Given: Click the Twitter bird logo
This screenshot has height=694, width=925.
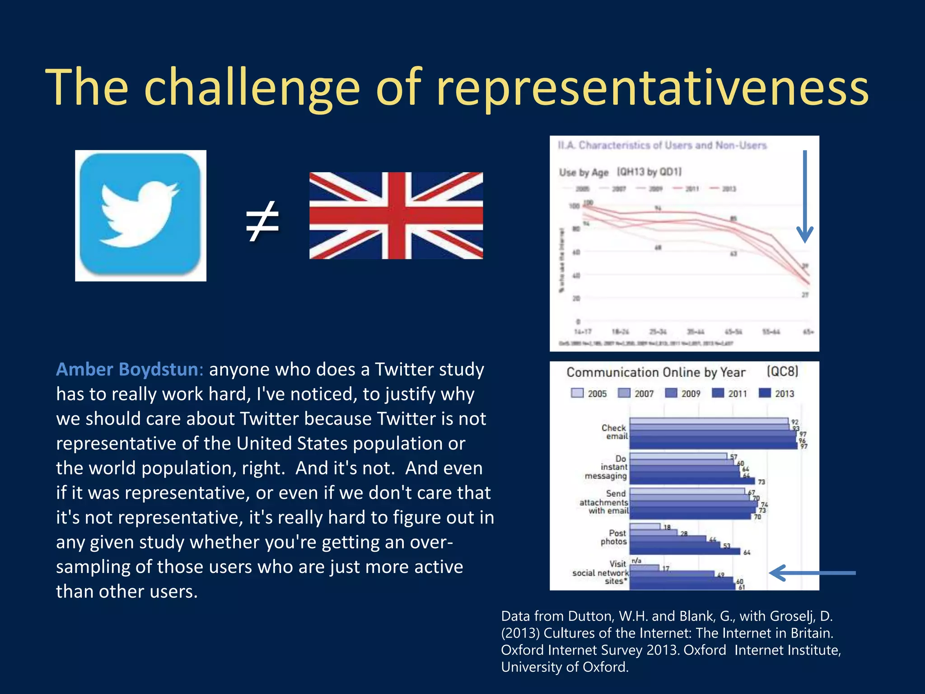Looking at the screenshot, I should coord(140,216).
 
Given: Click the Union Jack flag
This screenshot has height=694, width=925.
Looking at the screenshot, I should coord(396,216).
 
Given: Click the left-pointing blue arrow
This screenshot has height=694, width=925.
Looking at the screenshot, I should coord(812,573).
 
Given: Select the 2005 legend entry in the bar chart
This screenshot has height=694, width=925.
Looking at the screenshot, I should coord(589,394).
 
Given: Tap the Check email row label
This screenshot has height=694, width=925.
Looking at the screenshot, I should coord(614,432).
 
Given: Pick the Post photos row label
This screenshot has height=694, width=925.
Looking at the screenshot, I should coord(614,537).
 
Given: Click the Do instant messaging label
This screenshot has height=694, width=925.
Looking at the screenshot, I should coord(607,467).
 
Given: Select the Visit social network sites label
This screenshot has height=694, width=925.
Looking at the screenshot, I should coord(602,572).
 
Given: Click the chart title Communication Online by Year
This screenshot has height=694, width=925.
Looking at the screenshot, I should coord(656,372).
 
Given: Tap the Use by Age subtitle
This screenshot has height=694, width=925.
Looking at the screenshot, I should coord(584,173).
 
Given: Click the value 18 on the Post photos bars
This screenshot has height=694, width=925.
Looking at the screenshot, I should coord(667,527).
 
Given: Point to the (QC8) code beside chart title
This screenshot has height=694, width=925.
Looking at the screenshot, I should coord(782,371).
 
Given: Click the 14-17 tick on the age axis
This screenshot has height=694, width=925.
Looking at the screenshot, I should coord(583,332).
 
